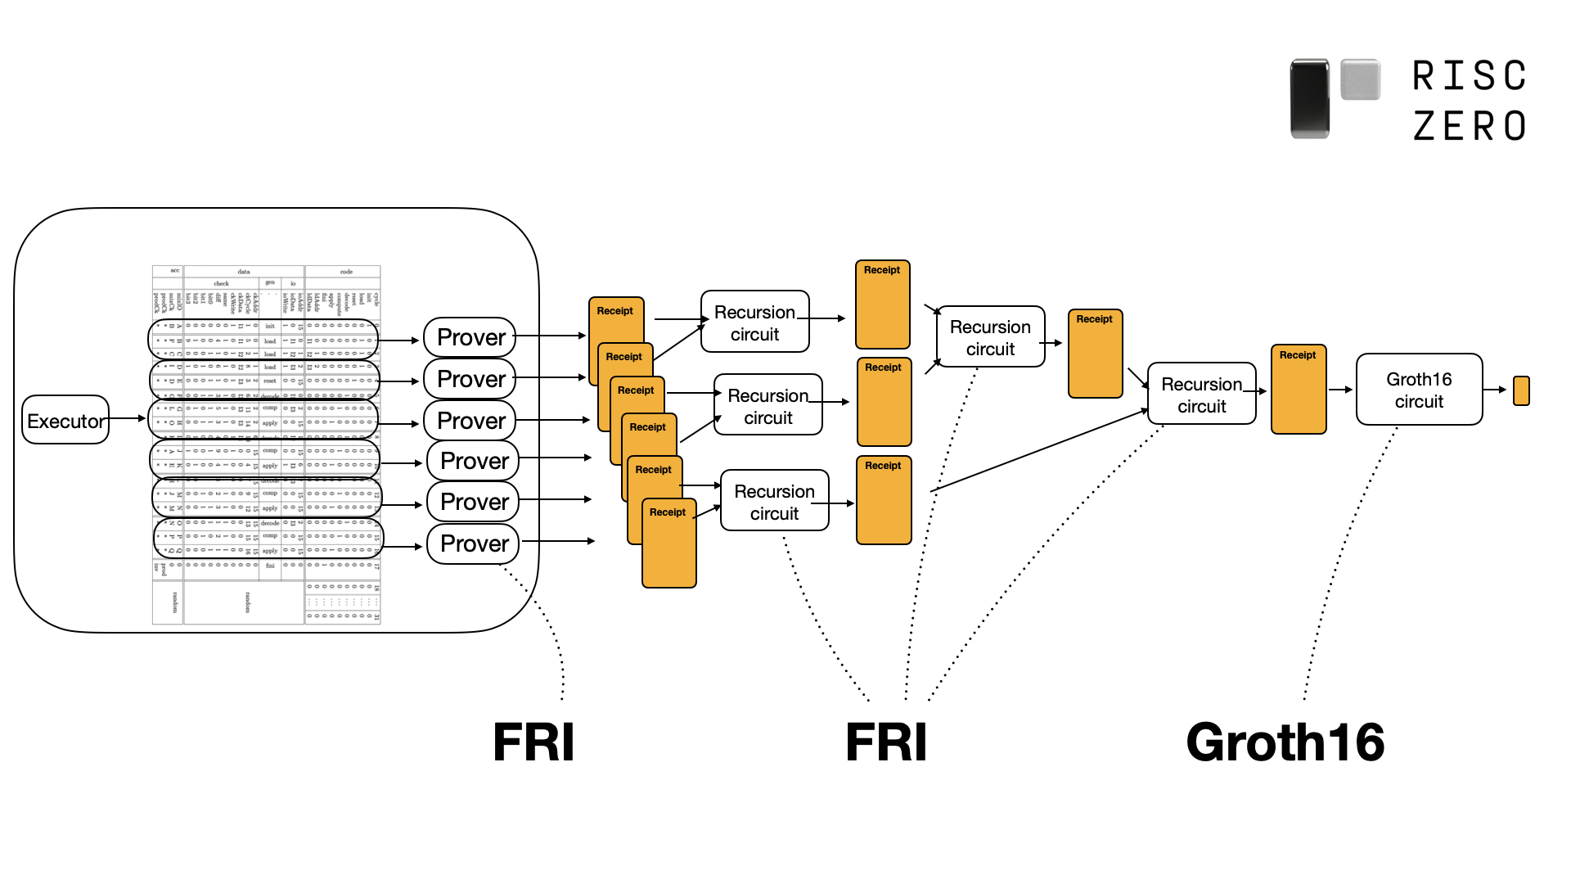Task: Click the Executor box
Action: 65,420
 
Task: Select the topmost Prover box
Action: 470,337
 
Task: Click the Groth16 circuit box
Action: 1419,390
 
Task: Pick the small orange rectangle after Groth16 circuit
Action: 1521,390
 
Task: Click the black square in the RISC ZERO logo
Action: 1309,98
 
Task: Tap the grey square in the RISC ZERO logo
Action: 1361,79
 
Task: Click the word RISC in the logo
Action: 1470,76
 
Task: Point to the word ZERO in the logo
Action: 1470,126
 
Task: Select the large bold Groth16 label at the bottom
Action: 1285,742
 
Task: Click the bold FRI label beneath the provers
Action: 533,742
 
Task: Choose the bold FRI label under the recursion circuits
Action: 886,742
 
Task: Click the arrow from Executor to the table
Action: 127,418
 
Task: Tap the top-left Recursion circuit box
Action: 754,322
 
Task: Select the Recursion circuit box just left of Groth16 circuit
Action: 1201,394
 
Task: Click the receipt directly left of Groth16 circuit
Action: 1299,390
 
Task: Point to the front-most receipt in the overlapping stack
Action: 669,543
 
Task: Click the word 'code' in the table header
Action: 346,272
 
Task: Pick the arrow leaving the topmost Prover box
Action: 550,336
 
